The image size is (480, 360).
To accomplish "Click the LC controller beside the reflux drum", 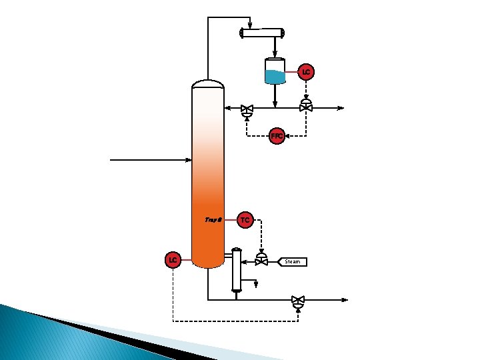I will [306, 71].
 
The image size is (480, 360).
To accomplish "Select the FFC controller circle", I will [277, 136].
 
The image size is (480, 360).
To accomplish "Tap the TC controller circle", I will [245, 219].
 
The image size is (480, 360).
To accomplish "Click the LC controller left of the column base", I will [173, 259].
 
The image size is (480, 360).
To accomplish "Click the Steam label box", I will [292, 261].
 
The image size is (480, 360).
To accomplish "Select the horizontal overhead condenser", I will [262, 33].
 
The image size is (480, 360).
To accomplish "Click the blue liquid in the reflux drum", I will [275, 77].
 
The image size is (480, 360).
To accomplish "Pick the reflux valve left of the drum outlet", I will [247, 109].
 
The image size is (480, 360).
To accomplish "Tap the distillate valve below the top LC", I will [306, 107].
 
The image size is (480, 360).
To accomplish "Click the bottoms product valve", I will [298, 301].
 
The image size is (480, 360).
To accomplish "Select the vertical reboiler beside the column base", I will [236, 270].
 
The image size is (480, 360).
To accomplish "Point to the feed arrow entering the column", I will [187, 160].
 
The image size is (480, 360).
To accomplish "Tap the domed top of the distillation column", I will [208, 84].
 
